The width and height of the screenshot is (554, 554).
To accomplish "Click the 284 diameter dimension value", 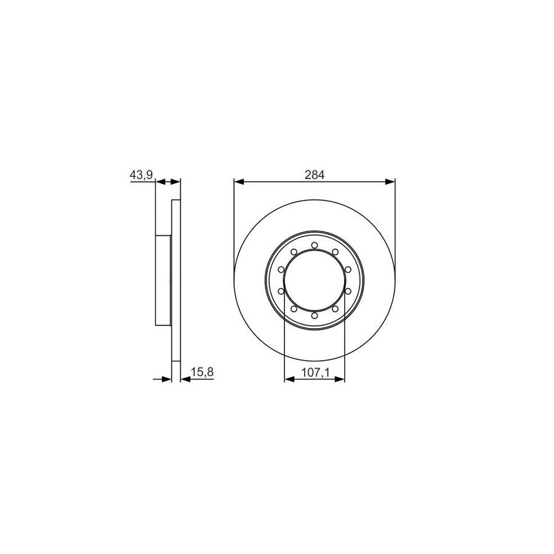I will pyautogui.click(x=314, y=175).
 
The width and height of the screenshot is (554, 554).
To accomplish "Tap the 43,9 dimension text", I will pyautogui.click(x=140, y=175).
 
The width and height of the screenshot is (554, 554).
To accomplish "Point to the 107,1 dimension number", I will pyautogui.click(x=314, y=372).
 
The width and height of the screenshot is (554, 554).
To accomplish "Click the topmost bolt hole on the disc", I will pyautogui.click(x=314, y=246).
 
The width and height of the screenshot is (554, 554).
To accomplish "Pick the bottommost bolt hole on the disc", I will pyautogui.click(x=314, y=315).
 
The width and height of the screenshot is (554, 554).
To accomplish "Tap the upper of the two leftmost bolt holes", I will pyautogui.click(x=281, y=270).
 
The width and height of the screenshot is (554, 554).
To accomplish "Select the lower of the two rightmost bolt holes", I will pyautogui.click(x=347, y=291).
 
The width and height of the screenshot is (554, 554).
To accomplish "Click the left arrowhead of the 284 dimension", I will pyautogui.click(x=239, y=182).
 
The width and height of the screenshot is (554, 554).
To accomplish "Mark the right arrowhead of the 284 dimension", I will pyautogui.click(x=390, y=182).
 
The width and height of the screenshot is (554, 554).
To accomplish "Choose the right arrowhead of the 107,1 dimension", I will pyautogui.click(x=340, y=379).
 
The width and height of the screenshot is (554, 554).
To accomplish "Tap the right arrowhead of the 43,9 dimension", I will pyautogui.click(x=175, y=182).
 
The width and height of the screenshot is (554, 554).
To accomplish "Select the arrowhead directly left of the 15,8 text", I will pyautogui.click(x=185, y=379).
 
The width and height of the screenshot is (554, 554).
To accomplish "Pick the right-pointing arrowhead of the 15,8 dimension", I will pyautogui.click(x=166, y=379).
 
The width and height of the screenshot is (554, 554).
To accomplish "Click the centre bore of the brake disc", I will pyautogui.click(x=314, y=280).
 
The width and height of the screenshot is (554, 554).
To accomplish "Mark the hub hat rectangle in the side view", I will pyautogui.click(x=163, y=281).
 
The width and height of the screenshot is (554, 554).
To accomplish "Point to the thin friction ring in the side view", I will pyautogui.click(x=175, y=281).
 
